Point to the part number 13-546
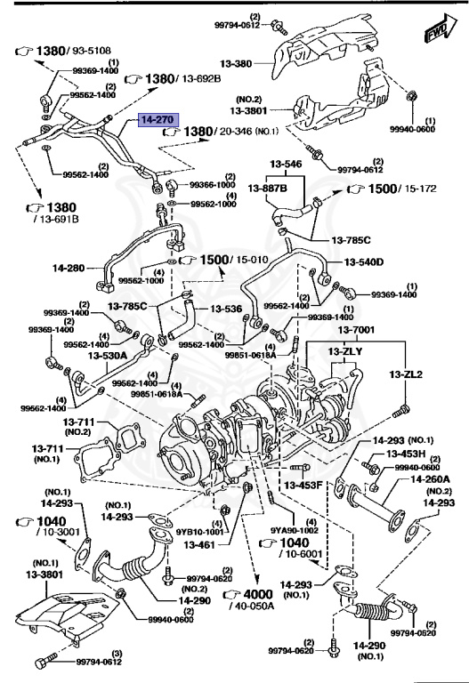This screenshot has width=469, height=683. pyautogui.click(x=287, y=165)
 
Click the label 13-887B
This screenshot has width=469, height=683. pyautogui.click(x=268, y=189)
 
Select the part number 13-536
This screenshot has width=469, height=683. pyautogui.click(x=226, y=309)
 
